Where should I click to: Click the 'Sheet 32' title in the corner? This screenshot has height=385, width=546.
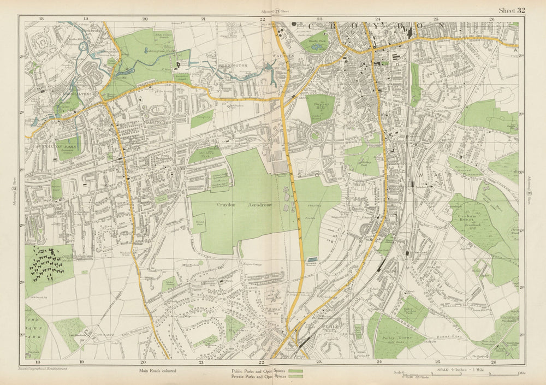(x=512, y=10)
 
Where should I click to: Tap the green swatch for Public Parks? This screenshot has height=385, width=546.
(x=295, y=370)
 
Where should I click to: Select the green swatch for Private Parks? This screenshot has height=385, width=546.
(x=295, y=376)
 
